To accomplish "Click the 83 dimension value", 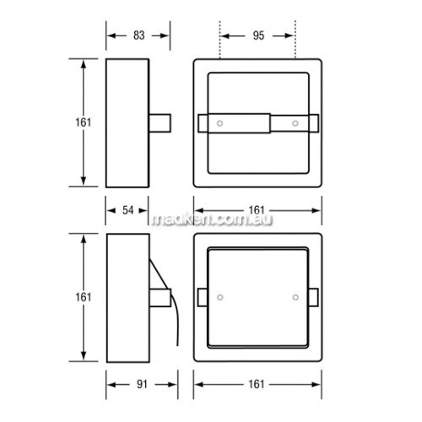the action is [x=139, y=35].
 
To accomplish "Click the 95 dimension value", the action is [x=258, y=35].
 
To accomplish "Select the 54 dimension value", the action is [x=127, y=210].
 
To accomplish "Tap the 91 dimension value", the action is [x=142, y=385].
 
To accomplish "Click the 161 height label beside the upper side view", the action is [x=83, y=122].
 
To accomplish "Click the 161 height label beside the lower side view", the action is [x=83, y=297].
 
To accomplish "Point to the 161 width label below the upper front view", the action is [x=257, y=210].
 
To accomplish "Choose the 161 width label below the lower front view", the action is [x=257, y=385].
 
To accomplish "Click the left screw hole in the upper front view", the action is [x=219, y=123].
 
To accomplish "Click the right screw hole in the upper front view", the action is [x=295, y=123].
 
